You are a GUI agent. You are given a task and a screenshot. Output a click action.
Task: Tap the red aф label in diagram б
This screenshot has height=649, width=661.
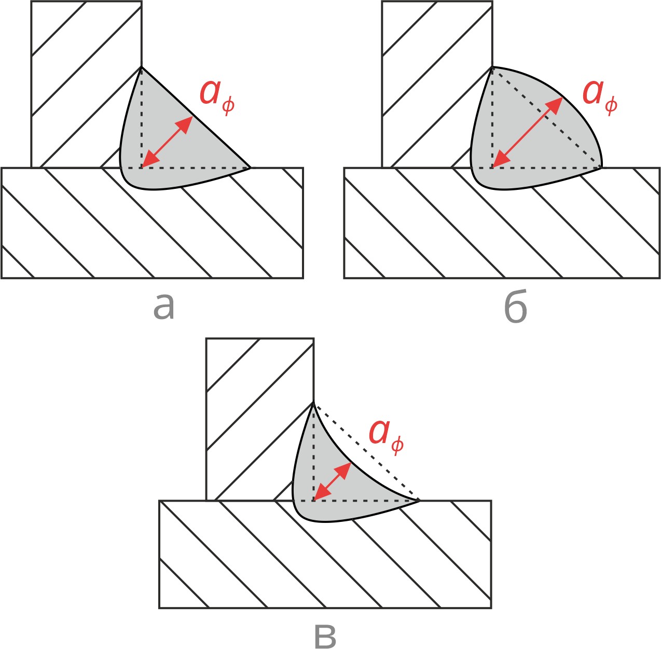coord(599,94)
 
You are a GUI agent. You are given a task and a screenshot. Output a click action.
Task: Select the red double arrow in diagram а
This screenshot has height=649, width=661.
coord(167,142)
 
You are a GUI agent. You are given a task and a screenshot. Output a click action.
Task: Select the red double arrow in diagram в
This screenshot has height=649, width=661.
coord(333,482)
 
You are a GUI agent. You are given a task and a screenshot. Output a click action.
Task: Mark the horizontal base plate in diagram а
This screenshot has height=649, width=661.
coord(104,233)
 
